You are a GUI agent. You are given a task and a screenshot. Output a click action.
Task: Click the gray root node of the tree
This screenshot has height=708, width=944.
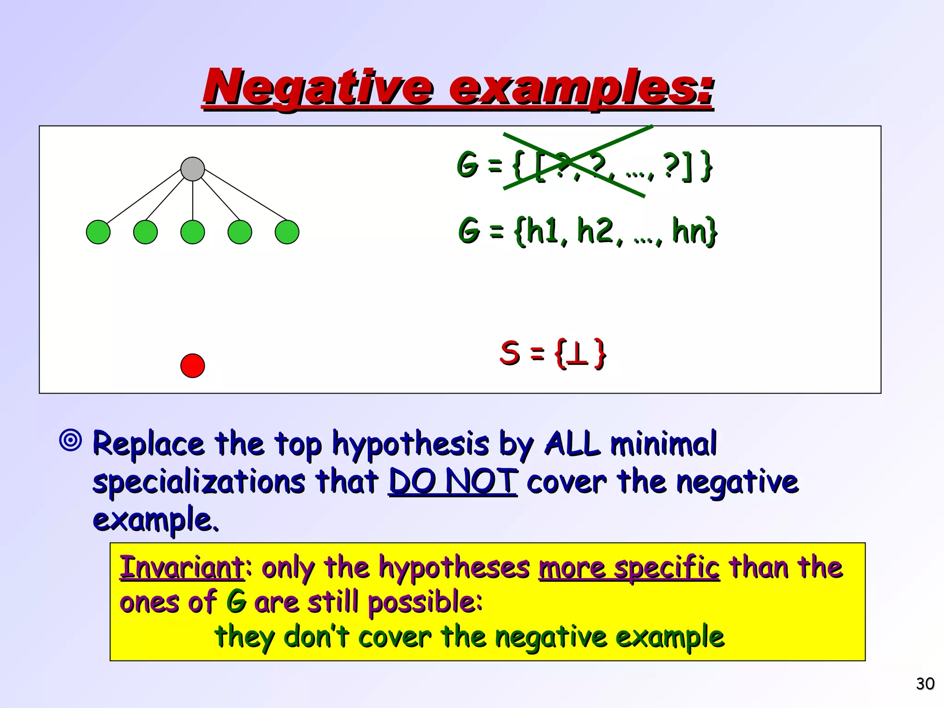click(x=193, y=169)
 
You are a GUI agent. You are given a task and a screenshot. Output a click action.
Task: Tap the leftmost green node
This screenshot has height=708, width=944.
click(x=98, y=232)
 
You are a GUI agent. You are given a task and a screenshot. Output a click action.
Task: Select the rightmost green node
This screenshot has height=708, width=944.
click(x=287, y=232)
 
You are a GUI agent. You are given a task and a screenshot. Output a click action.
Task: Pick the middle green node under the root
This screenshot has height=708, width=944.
click(x=193, y=232)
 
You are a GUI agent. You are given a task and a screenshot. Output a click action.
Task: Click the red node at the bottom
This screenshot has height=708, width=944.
click(x=193, y=366)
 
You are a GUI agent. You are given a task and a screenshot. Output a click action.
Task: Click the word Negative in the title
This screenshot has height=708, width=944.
click(x=318, y=88)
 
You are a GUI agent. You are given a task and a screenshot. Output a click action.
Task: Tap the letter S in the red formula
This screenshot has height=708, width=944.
click(x=510, y=353)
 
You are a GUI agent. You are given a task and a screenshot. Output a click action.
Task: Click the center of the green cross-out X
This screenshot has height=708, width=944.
click(x=576, y=161)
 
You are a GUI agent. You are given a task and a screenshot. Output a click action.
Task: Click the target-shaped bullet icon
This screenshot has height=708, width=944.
click(x=71, y=440)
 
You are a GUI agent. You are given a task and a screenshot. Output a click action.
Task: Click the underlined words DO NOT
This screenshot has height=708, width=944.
click(x=453, y=482)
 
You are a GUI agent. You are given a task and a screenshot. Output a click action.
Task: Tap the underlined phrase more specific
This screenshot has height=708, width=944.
click(x=629, y=567)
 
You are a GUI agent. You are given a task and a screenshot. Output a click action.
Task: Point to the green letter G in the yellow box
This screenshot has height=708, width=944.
click(x=236, y=602)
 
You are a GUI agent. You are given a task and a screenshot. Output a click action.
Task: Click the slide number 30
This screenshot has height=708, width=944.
click(x=925, y=684)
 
